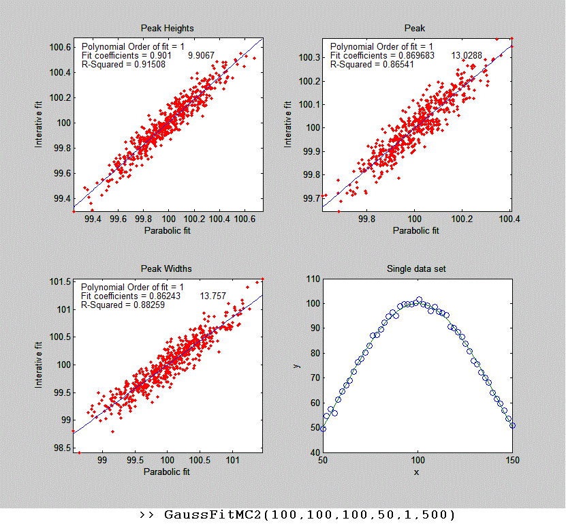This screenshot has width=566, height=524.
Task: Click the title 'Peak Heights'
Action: [x=167, y=28]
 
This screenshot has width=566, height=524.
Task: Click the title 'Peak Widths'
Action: [x=167, y=269]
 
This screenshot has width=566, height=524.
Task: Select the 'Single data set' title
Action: [x=415, y=269]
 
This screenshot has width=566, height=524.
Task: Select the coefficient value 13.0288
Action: [x=467, y=55]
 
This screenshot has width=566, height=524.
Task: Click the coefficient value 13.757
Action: [x=213, y=296]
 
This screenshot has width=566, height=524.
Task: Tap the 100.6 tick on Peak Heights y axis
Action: [x=58, y=47]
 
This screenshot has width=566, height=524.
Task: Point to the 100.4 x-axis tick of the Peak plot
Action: [x=509, y=219]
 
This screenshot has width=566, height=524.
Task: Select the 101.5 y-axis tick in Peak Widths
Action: [x=58, y=281]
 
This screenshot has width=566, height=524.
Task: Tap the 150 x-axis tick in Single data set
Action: [x=512, y=461]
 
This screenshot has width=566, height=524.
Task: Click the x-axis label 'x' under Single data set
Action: [x=416, y=472]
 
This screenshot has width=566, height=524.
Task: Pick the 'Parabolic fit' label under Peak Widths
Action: [x=167, y=472]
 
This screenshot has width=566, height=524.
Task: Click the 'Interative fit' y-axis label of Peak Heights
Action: [x=40, y=123]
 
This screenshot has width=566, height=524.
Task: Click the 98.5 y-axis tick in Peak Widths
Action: [x=58, y=448]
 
